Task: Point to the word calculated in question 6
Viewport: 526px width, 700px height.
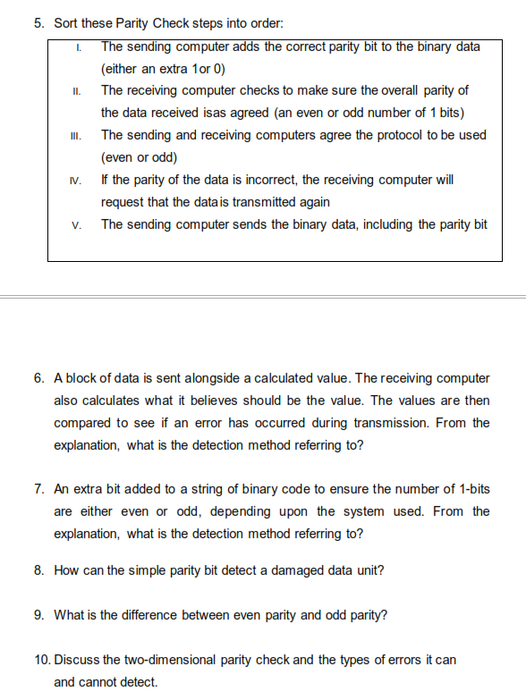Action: (268, 379)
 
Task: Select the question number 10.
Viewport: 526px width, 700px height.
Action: (42, 659)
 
